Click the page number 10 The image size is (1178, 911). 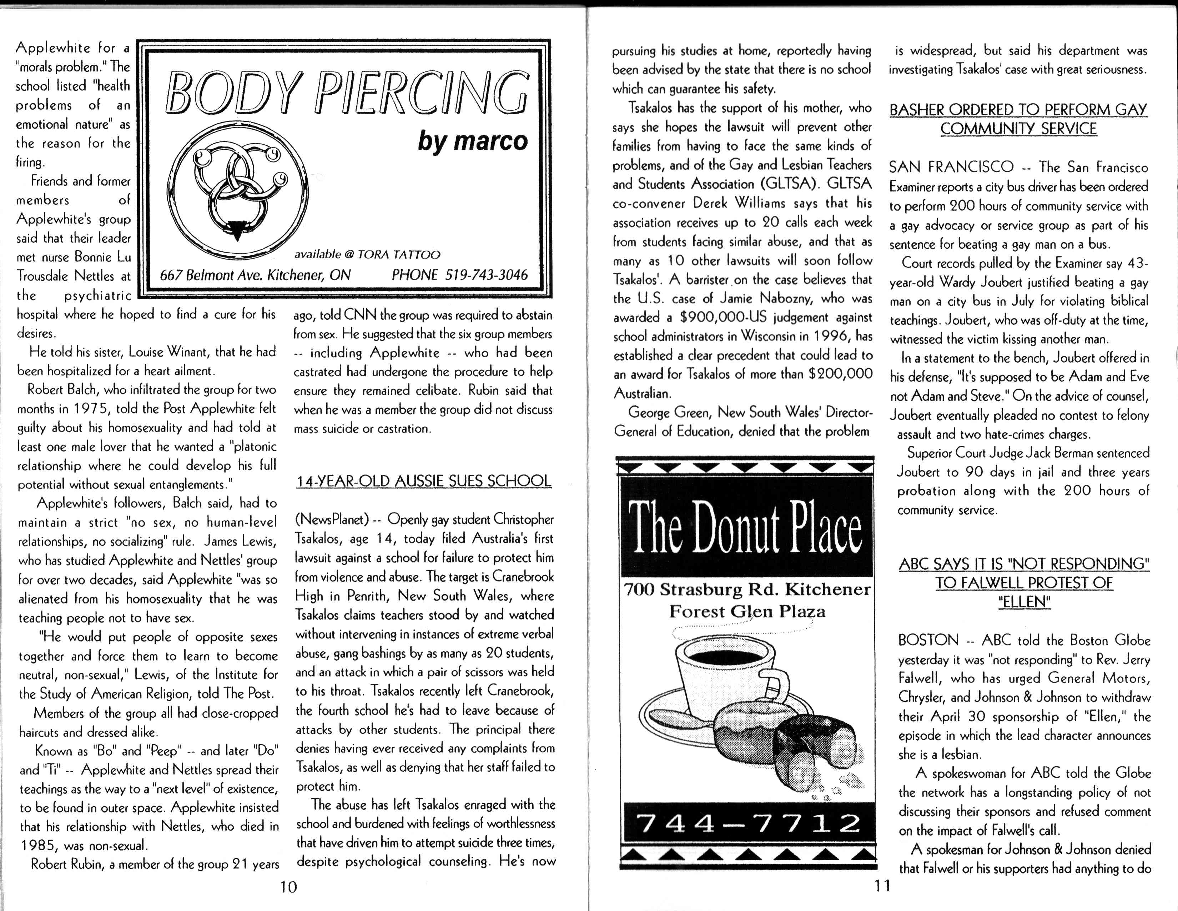point(288,887)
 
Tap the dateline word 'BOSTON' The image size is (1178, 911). point(928,641)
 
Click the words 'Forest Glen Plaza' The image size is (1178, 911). point(747,612)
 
